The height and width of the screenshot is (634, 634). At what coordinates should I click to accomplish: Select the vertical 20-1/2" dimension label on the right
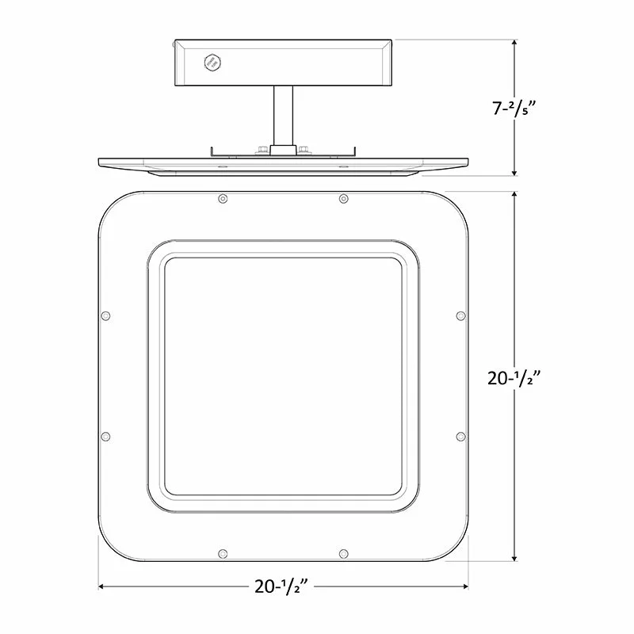click(514, 379)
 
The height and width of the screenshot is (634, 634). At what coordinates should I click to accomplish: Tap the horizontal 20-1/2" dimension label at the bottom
click(281, 586)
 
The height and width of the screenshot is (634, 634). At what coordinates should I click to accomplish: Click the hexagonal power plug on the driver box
click(212, 63)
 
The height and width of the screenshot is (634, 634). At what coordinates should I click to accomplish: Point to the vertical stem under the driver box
click(283, 116)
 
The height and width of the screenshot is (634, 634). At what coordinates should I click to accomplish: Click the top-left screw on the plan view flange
click(223, 199)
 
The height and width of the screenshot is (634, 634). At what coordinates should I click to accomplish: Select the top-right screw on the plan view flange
click(343, 199)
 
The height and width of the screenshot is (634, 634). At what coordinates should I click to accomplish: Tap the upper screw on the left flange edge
click(105, 315)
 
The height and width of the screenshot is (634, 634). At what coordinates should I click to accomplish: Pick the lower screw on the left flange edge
click(105, 437)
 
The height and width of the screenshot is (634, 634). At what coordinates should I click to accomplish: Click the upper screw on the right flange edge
click(460, 315)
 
